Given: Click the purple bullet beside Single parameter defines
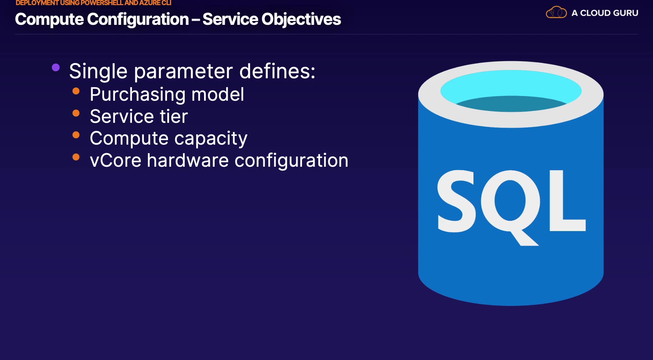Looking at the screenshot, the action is [56, 67].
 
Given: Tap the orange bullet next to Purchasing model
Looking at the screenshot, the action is [76, 91].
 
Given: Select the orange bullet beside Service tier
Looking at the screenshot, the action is [76, 113].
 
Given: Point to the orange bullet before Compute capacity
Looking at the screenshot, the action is [76, 135].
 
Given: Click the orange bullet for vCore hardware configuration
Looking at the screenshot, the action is [76, 157].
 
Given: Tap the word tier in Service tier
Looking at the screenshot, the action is [174, 116].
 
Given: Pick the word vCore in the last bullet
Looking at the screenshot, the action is [116, 160].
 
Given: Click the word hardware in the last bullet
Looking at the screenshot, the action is [188, 160].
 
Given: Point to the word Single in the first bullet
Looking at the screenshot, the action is [98, 71].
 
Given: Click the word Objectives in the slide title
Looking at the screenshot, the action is [301, 19].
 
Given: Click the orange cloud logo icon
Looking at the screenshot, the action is [556, 13].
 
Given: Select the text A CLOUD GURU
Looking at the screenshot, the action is [605, 13].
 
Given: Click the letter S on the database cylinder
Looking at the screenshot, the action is [457, 201].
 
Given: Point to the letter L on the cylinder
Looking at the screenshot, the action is [567, 201].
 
